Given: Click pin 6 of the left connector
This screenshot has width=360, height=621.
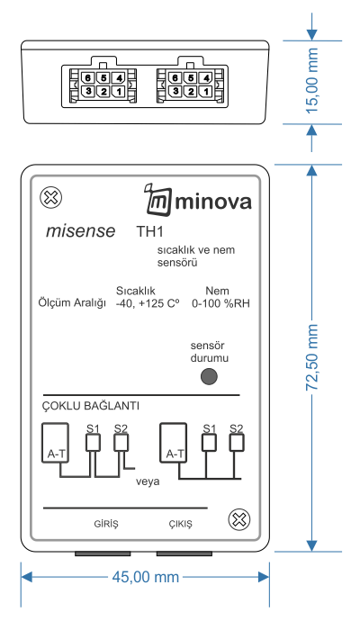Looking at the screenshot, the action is (x=88, y=77).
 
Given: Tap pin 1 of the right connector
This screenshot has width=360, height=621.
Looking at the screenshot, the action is (x=206, y=92).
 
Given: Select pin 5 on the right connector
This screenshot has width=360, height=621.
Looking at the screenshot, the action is (x=191, y=77).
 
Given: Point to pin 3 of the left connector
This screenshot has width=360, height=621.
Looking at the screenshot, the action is (x=88, y=92).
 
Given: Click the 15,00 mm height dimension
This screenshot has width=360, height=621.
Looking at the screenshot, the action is (x=312, y=81).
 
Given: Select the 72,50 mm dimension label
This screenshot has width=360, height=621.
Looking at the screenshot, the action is (x=312, y=357).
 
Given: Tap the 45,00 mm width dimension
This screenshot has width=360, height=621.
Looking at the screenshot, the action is (x=145, y=577).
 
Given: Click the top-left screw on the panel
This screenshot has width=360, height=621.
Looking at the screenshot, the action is (x=51, y=197).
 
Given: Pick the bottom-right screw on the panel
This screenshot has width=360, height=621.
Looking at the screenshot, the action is (x=239, y=519).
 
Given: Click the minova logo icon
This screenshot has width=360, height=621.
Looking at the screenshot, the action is (x=158, y=201).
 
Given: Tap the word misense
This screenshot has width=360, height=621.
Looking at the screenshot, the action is (x=80, y=231).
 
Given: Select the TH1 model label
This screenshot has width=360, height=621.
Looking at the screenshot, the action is (x=149, y=231).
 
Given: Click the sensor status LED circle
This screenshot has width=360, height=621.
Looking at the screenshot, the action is (x=209, y=376).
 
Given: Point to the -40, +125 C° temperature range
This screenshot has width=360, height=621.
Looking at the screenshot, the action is (x=148, y=303).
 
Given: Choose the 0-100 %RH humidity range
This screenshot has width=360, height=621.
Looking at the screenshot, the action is (x=220, y=303).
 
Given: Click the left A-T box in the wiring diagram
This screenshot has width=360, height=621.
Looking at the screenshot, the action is (x=55, y=443).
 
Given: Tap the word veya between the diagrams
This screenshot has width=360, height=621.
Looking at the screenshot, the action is (x=148, y=481).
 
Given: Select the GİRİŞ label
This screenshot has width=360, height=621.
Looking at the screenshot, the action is (x=106, y=524).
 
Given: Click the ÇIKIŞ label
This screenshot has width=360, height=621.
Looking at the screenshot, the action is (x=180, y=524).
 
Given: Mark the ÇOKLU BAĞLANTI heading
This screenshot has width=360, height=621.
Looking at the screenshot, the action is (x=91, y=406).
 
